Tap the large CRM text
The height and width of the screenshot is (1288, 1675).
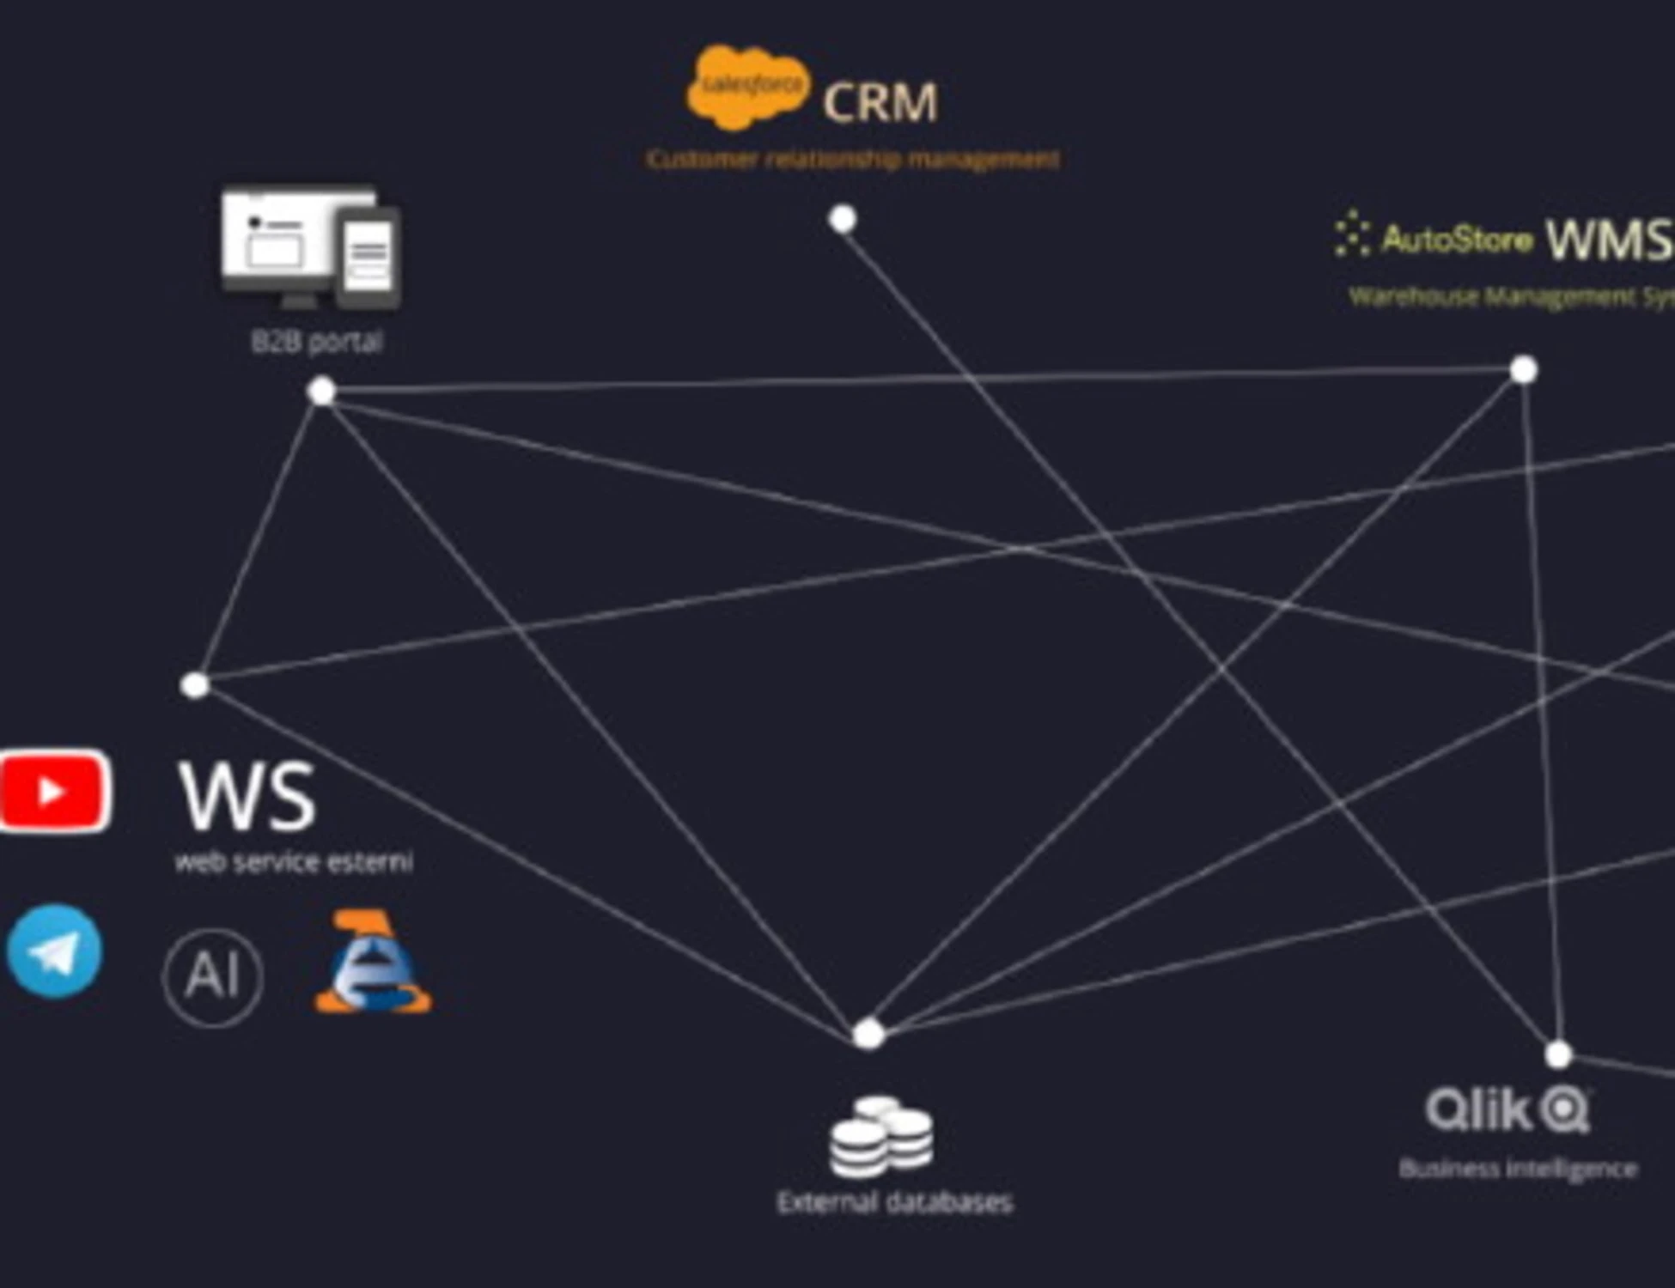tap(880, 102)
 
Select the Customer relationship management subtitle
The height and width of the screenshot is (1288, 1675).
tap(852, 159)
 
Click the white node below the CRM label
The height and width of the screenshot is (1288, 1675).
tap(843, 219)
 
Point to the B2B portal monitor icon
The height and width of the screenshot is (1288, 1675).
tap(310, 247)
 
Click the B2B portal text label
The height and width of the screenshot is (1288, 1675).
tap(316, 342)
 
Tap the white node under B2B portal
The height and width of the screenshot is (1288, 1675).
tap(321, 392)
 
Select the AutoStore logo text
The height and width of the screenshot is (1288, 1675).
tap(1456, 240)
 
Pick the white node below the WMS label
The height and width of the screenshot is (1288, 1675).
tap(1523, 370)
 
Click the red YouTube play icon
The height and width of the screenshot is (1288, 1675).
tap(54, 791)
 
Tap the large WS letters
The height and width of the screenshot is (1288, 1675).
tap(247, 797)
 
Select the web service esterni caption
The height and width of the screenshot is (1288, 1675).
tap(294, 861)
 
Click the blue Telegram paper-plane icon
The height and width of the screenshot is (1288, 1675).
tap(54, 951)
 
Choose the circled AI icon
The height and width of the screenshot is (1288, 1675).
tap(212, 976)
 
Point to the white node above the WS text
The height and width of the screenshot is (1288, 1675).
tap(195, 685)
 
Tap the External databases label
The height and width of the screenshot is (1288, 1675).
tap(894, 1202)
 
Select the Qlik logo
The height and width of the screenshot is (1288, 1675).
tap(1507, 1110)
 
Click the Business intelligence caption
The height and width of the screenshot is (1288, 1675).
tap(1518, 1169)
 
